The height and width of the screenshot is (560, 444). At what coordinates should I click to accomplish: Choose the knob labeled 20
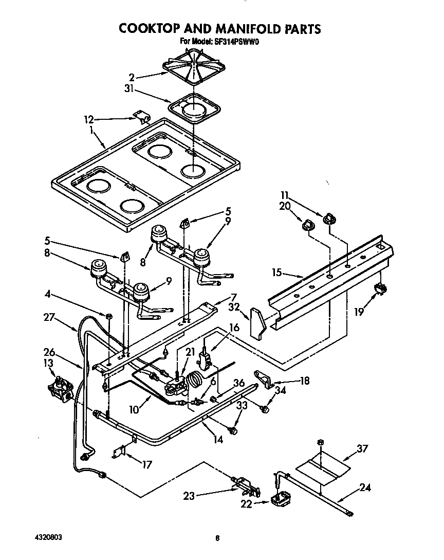[308, 224]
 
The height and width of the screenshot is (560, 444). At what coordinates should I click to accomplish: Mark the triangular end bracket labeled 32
[257, 323]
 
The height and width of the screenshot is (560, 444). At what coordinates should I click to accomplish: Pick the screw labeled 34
[266, 409]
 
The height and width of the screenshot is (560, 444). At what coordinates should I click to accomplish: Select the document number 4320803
[46, 536]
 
